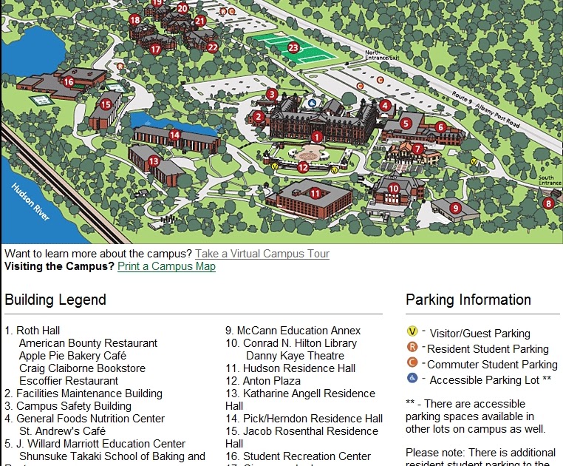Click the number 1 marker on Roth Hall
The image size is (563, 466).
(316, 137)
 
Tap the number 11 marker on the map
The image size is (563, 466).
(315, 194)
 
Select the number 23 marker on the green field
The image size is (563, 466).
(293, 47)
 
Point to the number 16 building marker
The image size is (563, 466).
(69, 82)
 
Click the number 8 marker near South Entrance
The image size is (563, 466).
(547, 203)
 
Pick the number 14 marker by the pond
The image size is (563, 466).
(174, 135)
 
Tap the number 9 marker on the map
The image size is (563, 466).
(455, 208)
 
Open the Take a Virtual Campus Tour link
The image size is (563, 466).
(262, 254)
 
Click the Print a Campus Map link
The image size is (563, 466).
(166, 266)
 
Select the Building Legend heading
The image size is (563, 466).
(55, 300)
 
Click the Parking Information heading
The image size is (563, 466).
(468, 300)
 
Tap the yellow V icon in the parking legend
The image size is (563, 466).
(412, 332)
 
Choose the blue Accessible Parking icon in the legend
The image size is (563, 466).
(412, 379)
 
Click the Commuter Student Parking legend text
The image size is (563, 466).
(492, 364)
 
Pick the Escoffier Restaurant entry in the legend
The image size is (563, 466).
(69, 381)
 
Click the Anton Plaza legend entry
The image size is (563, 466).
(263, 381)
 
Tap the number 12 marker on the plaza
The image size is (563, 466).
(303, 167)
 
